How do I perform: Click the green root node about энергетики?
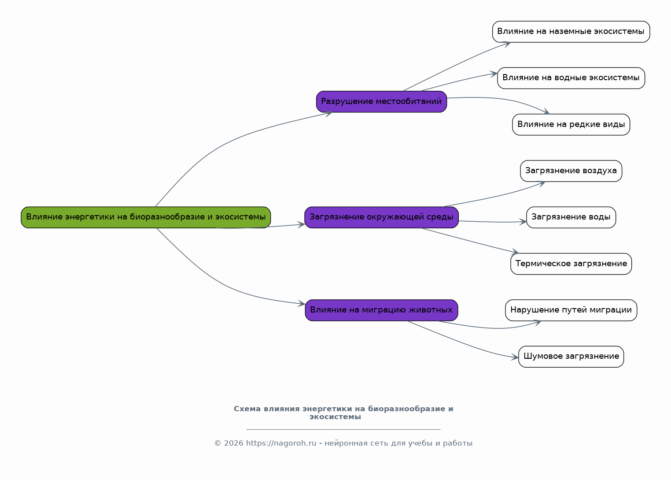[x=146, y=217]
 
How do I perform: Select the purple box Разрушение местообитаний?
[x=381, y=102]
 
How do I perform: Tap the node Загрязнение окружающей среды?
[x=381, y=217]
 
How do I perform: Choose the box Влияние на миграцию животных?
[x=381, y=310]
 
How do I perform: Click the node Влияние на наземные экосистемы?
[x=571, y=32]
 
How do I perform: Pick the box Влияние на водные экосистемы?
[x=571, y=78]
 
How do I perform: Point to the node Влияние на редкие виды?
[x=571, y=125]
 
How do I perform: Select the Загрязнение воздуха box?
[x=571, y=171]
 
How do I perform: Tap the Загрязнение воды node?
[x=571, y=217]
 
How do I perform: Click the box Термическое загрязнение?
[x=571, y=264]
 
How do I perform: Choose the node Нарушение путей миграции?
[x=571, y=310]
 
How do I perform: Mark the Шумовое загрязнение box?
[x=571, y=357]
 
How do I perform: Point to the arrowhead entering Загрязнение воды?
[x=523, y=222]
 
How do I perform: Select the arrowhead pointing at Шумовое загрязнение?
[x=515, y=357]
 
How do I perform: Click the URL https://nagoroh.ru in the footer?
[x=281, y=443]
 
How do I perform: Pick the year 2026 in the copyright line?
[x=233, y=443]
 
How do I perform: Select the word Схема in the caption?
[x=247, y=409]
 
